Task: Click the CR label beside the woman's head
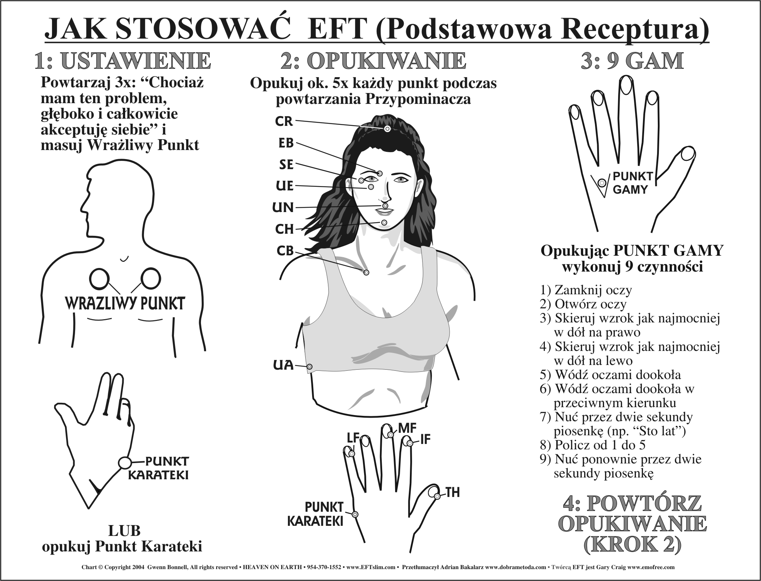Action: pyautogui.click(x=284, y=121)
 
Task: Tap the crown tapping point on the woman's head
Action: pyautogui.click(x=387, y=129)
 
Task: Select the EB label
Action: pyautogui.click(x=286, y=143)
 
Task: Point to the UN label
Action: pyautogui.click(x=283, y=207)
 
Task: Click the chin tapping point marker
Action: pyautogui.click(x=384, y=223)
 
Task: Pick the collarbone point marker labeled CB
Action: pyautogui.click(x=366, y=273)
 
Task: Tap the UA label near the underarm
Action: pyautogui.click(x=283, y=365)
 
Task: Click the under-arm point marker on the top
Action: pyautogui.click(x=310, y=366)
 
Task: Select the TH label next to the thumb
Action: pyautogui.click(x=453, y=493)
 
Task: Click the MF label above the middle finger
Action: pyautogui.click(x=407, y=428)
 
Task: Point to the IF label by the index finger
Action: pyautogui.click(x=425, y=440)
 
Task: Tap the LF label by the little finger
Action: pyautogui.click(x=353, y=438)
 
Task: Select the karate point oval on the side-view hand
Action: pyautogui.click(x=124, y=462)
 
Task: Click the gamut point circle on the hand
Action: pyautogui.click(x=602, y=183)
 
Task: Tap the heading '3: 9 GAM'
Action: pyautogui.click(x=632, y=61)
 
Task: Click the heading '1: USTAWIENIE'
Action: pyautogui.click(x=123, y=61)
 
